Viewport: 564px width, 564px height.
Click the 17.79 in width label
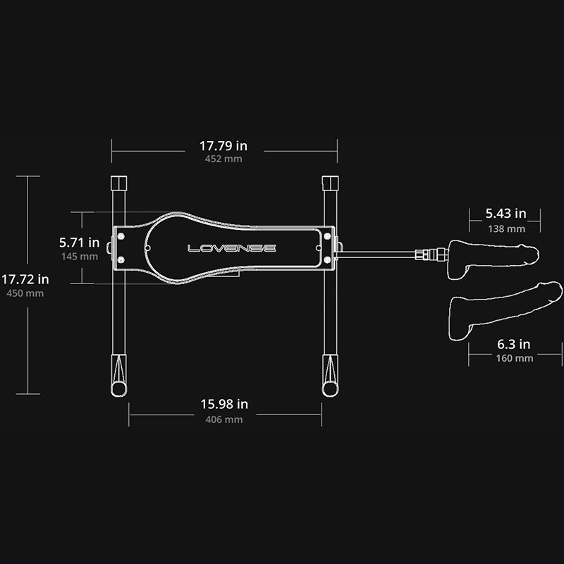pyautogui.click(x=223, y=146)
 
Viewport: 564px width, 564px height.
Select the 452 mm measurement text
pyautogui.click(x=223, y=159)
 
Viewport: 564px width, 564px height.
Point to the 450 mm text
pyautogui.click(x=25, y=293)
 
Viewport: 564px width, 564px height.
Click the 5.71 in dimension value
pyautogui.click(x=78, y=242)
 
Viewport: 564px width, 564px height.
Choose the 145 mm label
pyautogui.click(x=78, y=256)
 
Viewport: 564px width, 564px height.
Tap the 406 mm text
pyautogui.click(x=223, y=419)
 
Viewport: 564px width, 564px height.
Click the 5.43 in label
pyautogui.click(x=505, y=213)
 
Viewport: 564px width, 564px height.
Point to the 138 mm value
pyautogui.click(x=506, y=228)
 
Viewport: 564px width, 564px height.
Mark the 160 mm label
pyautogui.click(x=514, y=358)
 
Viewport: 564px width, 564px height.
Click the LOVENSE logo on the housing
pyautogui.click(x=231, y=248)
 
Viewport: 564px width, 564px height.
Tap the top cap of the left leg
pyautogui.click(x=119, y=183)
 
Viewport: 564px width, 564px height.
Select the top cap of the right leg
pyautogui.click(x=329, y=183)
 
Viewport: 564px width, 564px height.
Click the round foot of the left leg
pyautogui.click(x=118, y=388)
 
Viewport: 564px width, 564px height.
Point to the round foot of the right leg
pyautogui.click(x=329, y=388)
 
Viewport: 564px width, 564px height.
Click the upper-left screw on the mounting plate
pyautogui.click(x=121, y=235)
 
